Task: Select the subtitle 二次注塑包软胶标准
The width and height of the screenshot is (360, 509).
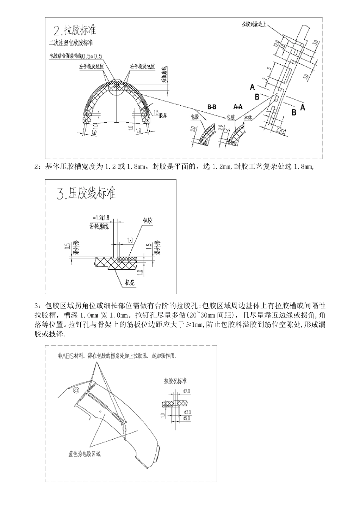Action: (71, 42)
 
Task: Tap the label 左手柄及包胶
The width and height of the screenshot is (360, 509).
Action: (91, 66)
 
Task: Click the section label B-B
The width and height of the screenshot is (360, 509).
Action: (212, 107)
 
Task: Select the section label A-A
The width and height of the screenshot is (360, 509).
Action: (238, 107)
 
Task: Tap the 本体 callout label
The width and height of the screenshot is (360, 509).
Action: (248, 118)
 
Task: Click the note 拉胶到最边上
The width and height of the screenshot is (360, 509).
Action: (255, 24)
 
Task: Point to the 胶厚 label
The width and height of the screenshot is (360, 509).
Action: (163, 114)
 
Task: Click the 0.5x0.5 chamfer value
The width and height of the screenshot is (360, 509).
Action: (92, 56)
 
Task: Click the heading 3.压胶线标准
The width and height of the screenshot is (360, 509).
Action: (86, 194)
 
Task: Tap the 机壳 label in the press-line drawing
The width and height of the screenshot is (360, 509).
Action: (130, 282)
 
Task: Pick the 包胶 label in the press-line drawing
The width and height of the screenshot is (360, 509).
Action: (147, 220)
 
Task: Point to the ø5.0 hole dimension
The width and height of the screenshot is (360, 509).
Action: (186, 418)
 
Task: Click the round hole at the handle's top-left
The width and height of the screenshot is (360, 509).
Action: (76, 390)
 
